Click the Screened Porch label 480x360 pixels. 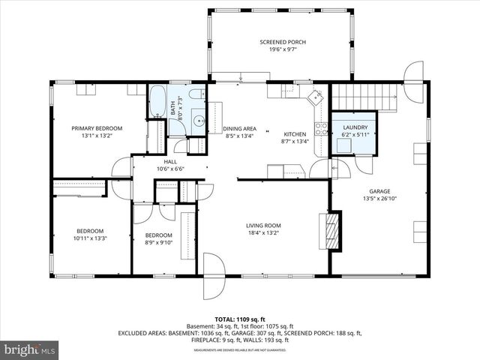(x=282, y=42)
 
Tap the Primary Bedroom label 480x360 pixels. (x=97, y=128)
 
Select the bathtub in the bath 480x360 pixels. (x=158, y=103)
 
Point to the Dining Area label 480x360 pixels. (x=240, y=128)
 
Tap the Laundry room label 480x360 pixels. (x=355, y=127)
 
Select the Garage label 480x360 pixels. (x=379, y=191)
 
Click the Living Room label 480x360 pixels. (x=263, y=225)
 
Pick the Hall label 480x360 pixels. (x=170, y=161)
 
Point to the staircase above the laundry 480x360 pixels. (x=363, y=97)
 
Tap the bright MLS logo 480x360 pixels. (x=30, y=349)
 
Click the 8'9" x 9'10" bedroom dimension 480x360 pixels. (x=159, y=241)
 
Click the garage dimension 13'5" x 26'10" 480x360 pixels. (x=379, y=199)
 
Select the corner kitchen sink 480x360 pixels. (x=316, y=97)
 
